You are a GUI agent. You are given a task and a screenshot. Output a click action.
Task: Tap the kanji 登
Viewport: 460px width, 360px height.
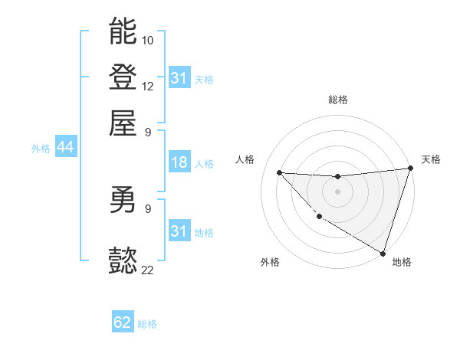[x=123, y=77]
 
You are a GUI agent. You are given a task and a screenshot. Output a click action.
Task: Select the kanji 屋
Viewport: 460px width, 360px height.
[x=123, y=123]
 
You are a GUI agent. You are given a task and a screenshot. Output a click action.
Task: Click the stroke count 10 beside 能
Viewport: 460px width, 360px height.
[x=148, y=39]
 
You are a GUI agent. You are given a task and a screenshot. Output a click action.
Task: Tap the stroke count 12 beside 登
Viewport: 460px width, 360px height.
[x=148, y=86]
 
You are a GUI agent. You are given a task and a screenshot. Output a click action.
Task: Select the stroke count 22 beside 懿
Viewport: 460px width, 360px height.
[x=148, y=270]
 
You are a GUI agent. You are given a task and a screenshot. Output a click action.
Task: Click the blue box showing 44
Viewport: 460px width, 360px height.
[x=65, y=148]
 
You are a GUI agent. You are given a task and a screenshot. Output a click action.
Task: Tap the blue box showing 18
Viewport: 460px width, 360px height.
[x=179, y=162]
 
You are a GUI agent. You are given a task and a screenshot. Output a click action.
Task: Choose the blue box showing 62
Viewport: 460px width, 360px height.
[x=123, y=322]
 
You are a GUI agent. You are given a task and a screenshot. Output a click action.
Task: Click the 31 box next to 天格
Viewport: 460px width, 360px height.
[x=179, y=78]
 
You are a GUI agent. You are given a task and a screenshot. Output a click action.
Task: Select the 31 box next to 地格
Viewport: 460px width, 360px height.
[x=179, y=231]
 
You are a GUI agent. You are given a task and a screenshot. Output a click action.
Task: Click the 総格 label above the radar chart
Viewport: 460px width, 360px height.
[x=337, y=100]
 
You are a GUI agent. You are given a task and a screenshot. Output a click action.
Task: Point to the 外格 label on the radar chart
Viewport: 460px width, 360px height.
[x=270, y=262]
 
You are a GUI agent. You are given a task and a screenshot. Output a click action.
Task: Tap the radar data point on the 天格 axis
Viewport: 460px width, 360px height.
[x=410, y=169]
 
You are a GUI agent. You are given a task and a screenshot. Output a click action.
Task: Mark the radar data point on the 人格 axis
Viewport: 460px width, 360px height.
[x=280, y=172]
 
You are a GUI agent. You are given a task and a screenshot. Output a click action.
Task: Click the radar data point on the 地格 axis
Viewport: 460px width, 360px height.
[x=383, y=253]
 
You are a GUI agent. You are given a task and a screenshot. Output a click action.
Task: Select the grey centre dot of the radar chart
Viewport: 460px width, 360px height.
[x=337, y=191]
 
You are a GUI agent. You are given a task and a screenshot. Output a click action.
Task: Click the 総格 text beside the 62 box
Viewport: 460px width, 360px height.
[x=147, y=324]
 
